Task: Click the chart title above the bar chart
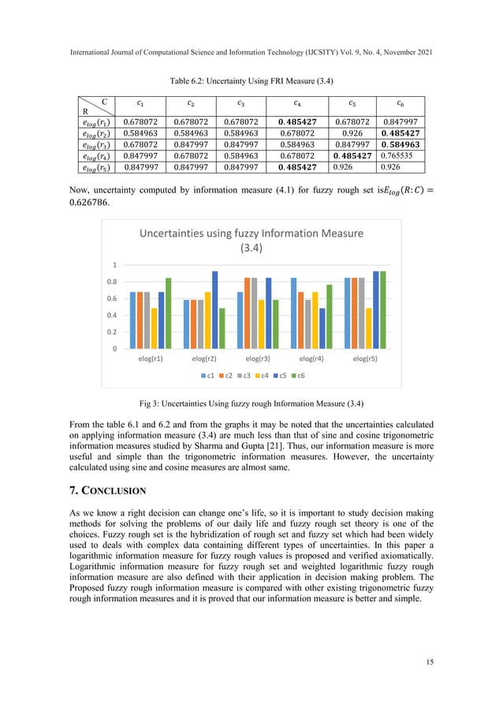tap(251, 240)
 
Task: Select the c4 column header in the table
tap(296, 102)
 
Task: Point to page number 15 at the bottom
tap(428, 661)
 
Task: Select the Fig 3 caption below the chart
tap(251, 404)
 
